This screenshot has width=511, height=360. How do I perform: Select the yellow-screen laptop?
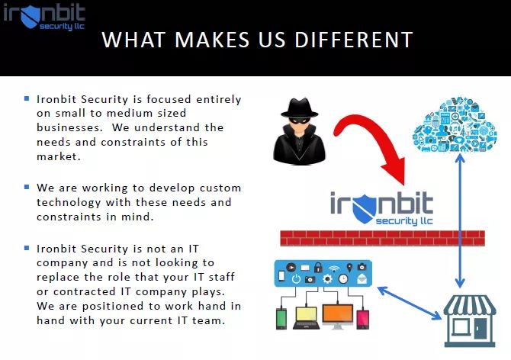pyautogui.click(x=306, y=314)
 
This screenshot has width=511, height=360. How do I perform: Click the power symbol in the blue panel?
pyautogui.click(x=295, y=280)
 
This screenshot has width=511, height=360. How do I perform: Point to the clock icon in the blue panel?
pyautogui.click(x=344, y=280)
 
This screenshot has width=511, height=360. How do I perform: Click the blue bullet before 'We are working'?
pyautogui.click(x=27, y=186)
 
